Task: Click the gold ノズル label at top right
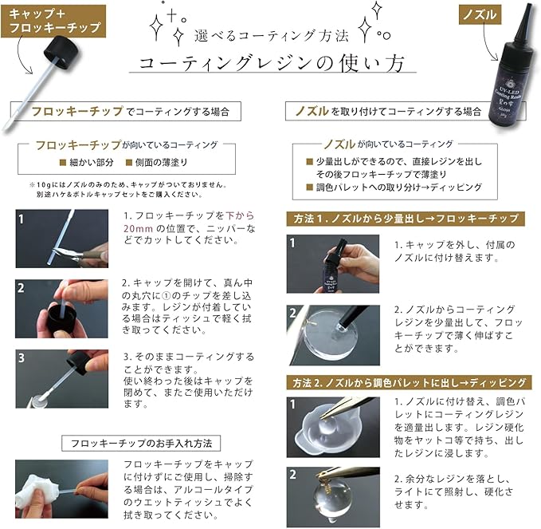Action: click(x=480, y=15)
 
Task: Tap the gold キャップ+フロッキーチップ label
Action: click(x=53, y=21)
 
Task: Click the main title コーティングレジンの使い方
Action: click(x=272, y=64)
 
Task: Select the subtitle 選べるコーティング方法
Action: click(x=272, y=36)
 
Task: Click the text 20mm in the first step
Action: click(x=138, y=228)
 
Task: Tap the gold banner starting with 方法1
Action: click(x=406, y=219)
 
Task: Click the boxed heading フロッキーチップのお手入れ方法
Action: click(x=141, y=444)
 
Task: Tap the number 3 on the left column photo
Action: click(x=21, y=357)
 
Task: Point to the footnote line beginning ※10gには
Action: click(x=127, y=185)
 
